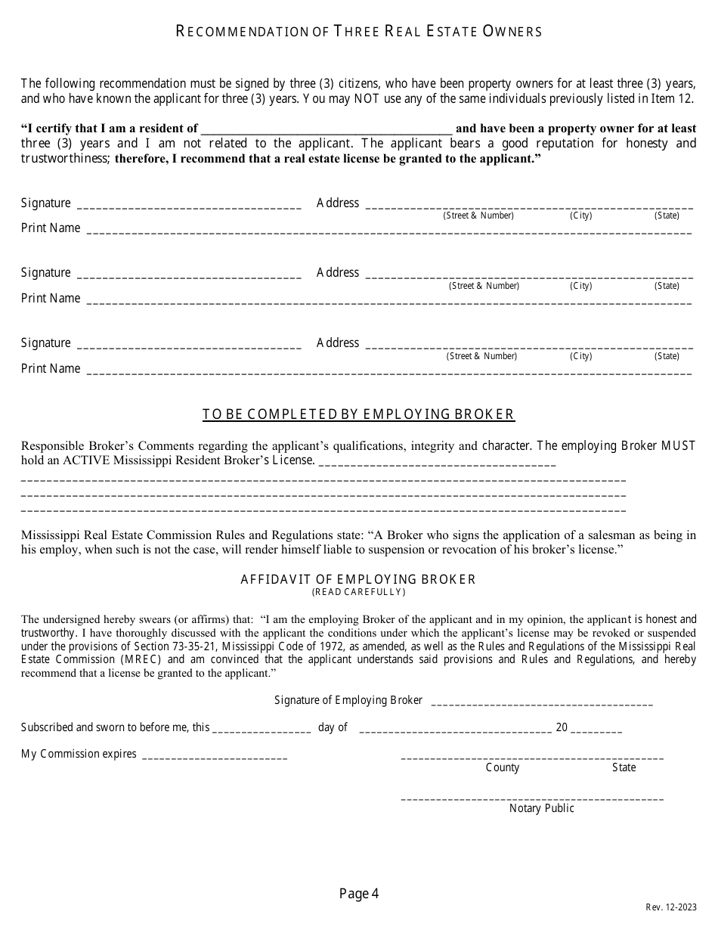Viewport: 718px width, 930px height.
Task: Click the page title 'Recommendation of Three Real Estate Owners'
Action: click(359, 32)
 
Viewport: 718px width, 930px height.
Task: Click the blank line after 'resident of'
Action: click(327, 129)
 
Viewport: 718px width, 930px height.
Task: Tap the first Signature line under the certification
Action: click(190, 206)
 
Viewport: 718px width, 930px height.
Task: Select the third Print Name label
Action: click(51, 369)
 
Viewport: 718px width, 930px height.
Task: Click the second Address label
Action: click(338, 273)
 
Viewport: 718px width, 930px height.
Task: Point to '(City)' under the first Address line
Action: click(581, 216)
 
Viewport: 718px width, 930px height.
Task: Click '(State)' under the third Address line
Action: click(667, 356)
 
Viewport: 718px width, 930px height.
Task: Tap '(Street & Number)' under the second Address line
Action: click(484, 287)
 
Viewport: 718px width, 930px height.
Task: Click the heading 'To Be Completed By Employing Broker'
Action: click(358, 414)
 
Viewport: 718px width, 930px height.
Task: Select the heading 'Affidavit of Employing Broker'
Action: click(358, 580)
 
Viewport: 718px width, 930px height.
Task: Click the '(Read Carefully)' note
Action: click(358, 592)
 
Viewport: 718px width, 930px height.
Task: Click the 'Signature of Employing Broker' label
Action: click(348, 701)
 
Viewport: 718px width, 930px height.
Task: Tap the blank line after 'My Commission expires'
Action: click(215, 755)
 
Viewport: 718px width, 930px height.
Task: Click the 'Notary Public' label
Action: click(542, 809)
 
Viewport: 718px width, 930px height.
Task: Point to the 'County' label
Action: click(503, 768)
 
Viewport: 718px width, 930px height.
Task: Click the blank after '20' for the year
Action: click(597, 729)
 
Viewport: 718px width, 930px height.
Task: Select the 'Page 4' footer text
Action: click(359, 894)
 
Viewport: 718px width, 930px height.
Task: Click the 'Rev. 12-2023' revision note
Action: click(671, 907)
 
